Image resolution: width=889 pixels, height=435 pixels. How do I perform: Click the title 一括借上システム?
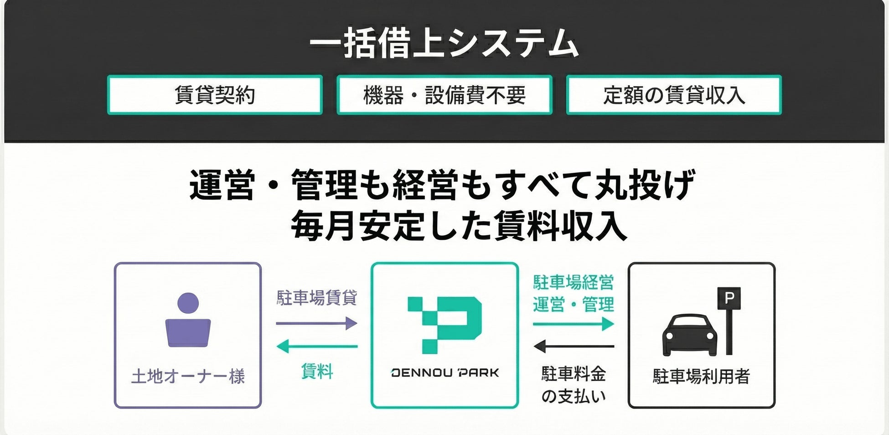pyautogui.click(x=444, y=44)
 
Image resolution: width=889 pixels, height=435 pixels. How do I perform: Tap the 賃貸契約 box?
pyautogui.click(x=215, y=95)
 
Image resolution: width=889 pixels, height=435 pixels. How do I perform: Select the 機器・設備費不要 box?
pyautogui.click(x=444, y=95)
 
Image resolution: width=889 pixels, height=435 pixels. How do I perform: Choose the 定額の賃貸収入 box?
pyautogui.click(x=674, y=95)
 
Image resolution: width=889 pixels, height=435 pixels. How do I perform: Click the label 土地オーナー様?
pyautogui.click(x=188, y=377)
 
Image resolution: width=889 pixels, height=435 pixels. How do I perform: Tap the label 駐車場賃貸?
pyautogui.click(x=317, y=298)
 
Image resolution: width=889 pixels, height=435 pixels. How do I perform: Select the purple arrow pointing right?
pyautogui.click(x=317, y=323)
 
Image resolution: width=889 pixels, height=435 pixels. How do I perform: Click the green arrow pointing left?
pyautogui.click(x=317, y=347)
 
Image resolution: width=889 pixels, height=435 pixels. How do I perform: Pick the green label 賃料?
pyautogui.click(x=317, y=371)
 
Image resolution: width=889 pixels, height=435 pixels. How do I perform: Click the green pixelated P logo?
pyautogui.click(x=444, y=325)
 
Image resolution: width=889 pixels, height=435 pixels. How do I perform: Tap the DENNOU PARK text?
pyautogui.click(x=445, y=373)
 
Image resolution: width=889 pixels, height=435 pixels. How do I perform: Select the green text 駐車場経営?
pyautogui.click(x=573, y=283)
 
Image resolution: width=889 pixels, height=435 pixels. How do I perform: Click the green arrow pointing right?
pyautogui.click(x=573, y=324)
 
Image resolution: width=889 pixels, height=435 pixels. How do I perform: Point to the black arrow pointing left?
pyautogui.click(x=573, y=347)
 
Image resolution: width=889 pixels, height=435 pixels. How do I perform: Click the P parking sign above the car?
pyautogui.click(x=729, y=298)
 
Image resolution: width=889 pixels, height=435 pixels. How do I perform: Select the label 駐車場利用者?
pyautogui.click(x=701, y=377)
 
